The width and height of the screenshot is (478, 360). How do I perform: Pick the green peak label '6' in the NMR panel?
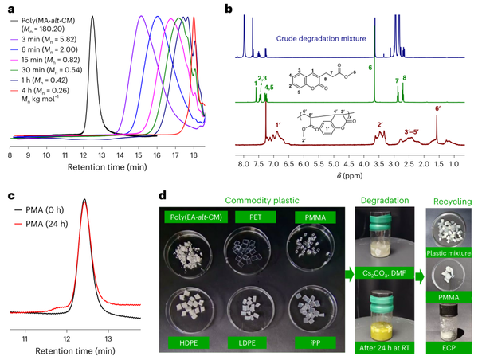pos(371,68)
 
